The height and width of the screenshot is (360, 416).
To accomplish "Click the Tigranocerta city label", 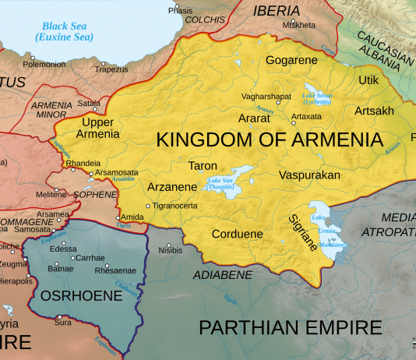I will [175, 206].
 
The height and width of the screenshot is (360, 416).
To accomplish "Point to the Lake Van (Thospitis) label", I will [224, 185].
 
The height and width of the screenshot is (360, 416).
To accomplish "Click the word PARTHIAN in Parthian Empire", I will [252, 326].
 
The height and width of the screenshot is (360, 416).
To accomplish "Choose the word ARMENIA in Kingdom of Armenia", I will [327, 140].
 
